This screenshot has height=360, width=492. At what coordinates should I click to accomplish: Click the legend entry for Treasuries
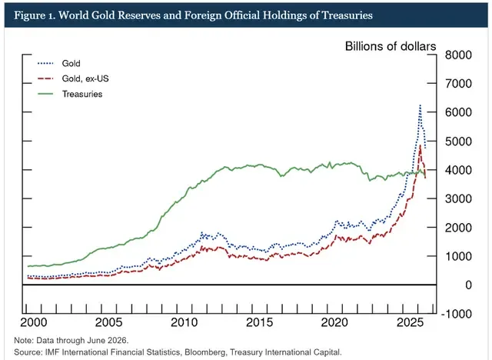[70, 94]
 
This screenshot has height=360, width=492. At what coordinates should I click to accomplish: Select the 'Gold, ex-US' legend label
[85, 78]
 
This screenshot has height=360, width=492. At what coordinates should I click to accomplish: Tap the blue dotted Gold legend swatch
[45, 63]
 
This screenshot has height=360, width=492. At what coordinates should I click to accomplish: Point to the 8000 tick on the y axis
[458, 55]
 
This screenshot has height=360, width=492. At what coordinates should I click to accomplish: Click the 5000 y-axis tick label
[458, 142]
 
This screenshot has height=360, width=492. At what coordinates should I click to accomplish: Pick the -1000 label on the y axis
[456, 314]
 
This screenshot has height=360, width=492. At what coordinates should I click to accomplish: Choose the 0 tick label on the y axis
[468, 285]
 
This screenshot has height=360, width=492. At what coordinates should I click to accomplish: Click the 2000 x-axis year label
[34, 322]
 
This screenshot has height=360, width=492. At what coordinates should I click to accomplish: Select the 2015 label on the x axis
[259, 322]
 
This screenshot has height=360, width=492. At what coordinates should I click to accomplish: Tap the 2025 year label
[410, 322]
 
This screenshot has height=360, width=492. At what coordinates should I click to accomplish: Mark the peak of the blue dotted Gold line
[420, 105]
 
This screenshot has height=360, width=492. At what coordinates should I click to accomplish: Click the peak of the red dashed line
[421, 145]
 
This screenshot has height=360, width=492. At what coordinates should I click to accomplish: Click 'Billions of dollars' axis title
[391, 46]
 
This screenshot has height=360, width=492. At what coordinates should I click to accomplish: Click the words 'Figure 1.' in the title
[34, 15]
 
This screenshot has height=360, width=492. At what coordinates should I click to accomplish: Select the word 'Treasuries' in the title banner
[347, 15]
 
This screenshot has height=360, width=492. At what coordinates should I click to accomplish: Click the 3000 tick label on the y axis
[458, 198]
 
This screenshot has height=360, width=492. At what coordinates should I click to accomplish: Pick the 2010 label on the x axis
[184, 322]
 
